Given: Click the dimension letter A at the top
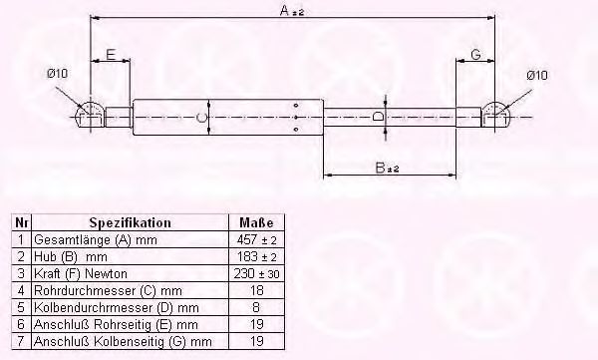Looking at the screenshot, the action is pos(285,10).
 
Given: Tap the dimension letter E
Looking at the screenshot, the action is pos(111,55).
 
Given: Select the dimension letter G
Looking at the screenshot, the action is pos(475,55).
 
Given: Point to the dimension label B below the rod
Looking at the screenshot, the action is pos(380,168).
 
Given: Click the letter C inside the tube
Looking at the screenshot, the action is pos(201,118).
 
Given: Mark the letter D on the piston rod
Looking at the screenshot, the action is pos(378,116).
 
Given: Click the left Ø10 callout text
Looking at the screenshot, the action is pos(57,73).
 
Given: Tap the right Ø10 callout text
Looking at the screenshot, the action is pos(537,75).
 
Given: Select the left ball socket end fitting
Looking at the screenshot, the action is pos(91,115).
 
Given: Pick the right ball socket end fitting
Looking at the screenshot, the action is pos(495,115).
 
